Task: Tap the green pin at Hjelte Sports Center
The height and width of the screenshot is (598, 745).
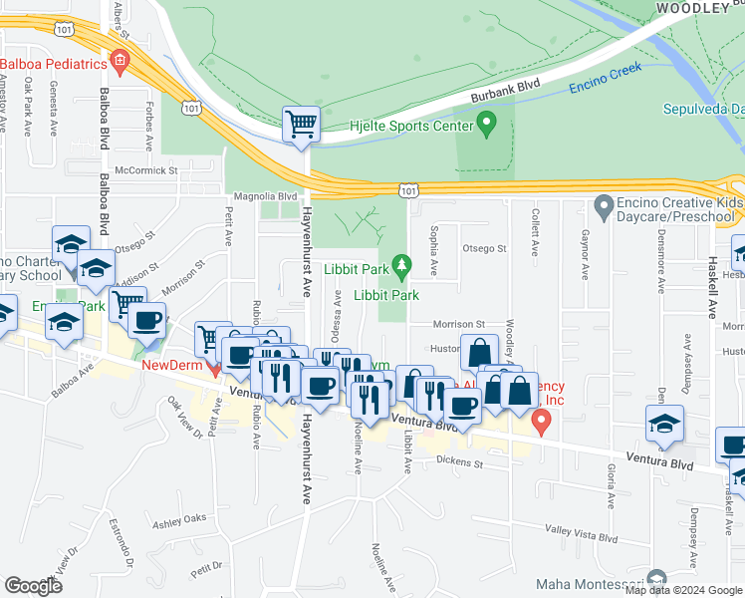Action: pos(486,125)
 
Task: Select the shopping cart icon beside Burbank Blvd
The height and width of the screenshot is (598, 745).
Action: pos(301,125)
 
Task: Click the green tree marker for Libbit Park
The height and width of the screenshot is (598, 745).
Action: pos(401,265)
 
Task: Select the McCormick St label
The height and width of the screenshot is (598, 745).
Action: pos(146,170)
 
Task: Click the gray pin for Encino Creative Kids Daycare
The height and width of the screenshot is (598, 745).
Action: pos(603,208)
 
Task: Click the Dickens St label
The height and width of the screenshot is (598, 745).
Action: pos(460,463)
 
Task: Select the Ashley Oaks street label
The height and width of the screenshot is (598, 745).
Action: pos(179,518)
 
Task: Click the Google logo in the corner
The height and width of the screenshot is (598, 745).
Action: pos(34,586)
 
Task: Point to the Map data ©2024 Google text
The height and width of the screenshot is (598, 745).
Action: pos(683,590)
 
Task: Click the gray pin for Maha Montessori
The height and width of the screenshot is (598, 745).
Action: pos(655,579)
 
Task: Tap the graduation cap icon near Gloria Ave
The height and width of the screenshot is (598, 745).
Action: pos(664,424)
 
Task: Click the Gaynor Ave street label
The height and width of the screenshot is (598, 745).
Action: pos(585,258)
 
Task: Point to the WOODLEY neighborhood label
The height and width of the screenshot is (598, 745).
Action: pos(692,8)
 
